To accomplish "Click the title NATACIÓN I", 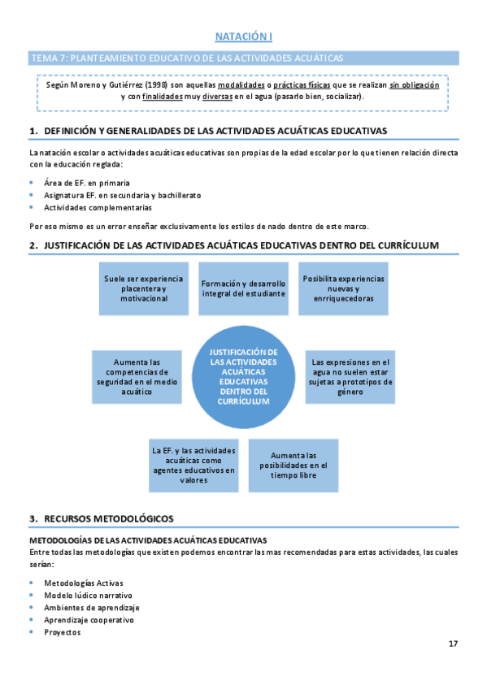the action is pyautogui.click(x=243, y=37).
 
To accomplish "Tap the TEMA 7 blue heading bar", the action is pyautogui.click(x=243, y=58).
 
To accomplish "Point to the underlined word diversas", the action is pyautogui.click(x=218, y=97).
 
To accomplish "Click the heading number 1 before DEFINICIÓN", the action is pyautogui.click(x=33, y=131).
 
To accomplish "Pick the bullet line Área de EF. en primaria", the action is pyautogui.click(x=87, y=183).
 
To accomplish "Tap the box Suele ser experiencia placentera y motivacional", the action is pyautogui.click(x=143, y=288).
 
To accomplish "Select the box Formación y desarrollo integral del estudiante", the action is pyautogui.click(x=243, y=288).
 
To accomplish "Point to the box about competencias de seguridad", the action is pyautogui.click(x=137, y=376).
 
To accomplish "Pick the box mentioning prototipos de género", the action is pyautogui.click(x=350, y=376).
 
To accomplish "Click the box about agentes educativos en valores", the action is pyautogui.click(x=193, y=465).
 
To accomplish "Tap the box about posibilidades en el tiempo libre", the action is pyautogui.click(x=293, y=465).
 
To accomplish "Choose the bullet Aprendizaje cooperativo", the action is pyautogui.click(x=89, y=620).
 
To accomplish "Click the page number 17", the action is pyautogui.click(x=453, y=644).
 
